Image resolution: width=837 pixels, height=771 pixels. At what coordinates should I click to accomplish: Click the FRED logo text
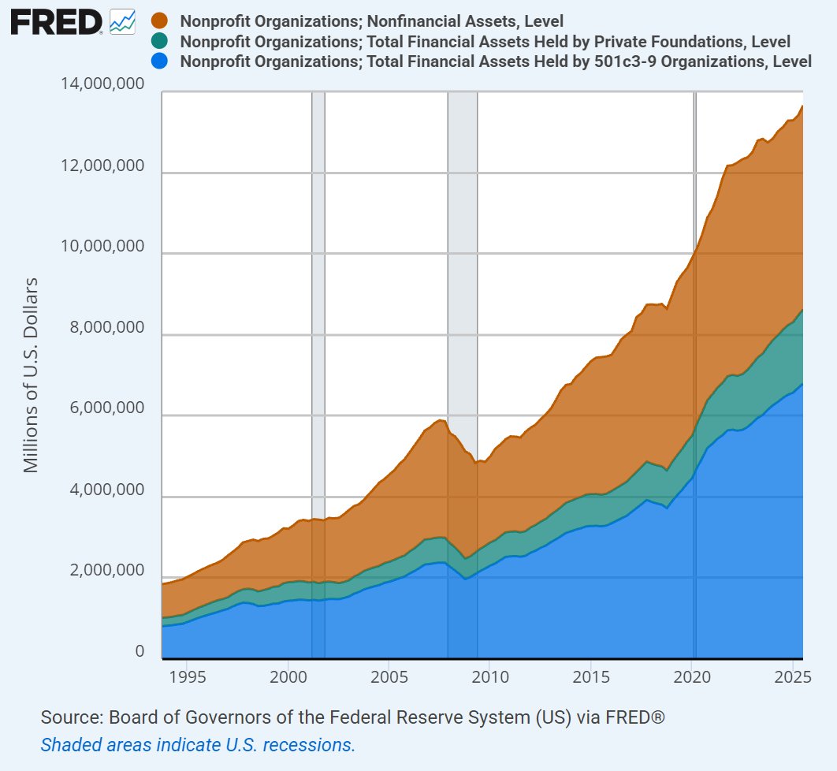click(x=55, y=23)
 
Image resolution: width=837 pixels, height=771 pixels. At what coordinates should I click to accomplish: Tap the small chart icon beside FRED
click(x=122, y=22)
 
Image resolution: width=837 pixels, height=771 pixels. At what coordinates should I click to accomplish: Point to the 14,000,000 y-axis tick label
click(x=102, y=84)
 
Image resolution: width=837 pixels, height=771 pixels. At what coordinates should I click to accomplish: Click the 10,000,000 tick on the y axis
click(x=102, y=247)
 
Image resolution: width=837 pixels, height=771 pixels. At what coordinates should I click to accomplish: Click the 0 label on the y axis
click(x=139, y=652)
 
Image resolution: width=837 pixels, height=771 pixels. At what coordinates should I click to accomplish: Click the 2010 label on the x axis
click(x=489, y=678)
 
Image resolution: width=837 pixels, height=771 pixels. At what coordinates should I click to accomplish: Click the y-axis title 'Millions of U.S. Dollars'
click(x=32, y=374)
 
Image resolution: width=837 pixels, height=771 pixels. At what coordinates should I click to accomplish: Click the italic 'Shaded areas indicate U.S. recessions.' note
click(x=198, y=744)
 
